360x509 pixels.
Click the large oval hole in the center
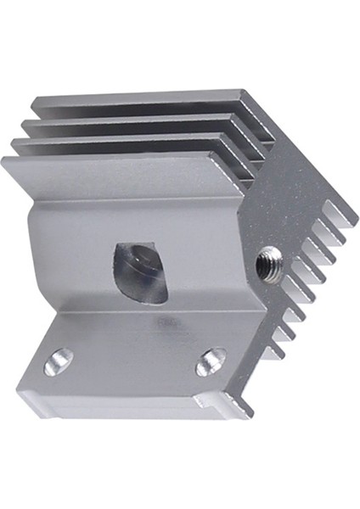141,269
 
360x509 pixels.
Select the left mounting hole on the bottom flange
59,361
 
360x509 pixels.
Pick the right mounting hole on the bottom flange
210,362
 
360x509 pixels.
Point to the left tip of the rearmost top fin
36,105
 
